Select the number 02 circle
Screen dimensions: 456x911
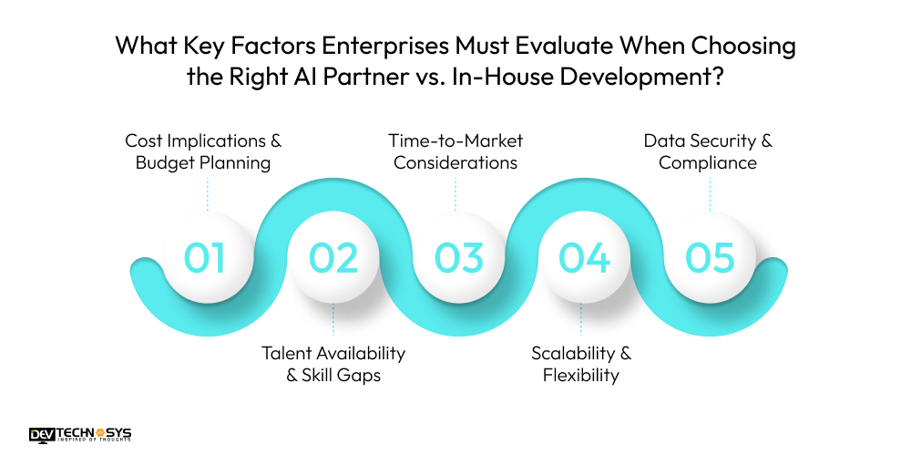[333, 258]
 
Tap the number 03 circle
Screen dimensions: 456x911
[458, 258]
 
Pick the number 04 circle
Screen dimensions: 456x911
[584, 258]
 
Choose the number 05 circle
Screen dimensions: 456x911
[710, 258]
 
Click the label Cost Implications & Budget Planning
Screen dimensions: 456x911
[203, 152]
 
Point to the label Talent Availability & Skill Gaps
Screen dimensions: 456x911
[333, 364]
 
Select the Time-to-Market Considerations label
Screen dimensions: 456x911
[455, 152]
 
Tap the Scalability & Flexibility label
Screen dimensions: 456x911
[581, 364]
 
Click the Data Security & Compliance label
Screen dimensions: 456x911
[708, 152]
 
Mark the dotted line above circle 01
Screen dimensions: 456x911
[208, 194]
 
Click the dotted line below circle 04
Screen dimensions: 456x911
[581, 322]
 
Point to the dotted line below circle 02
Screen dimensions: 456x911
[333, 322]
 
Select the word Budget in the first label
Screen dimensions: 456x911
[165, 163]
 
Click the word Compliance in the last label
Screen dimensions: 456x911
[708, 163]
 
